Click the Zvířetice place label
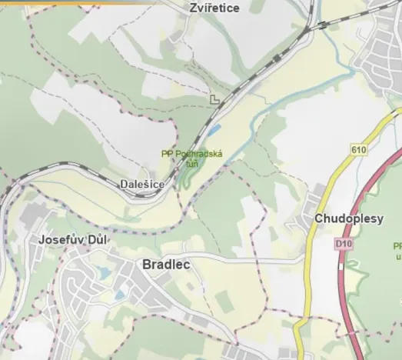(214, 8)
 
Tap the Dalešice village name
(142, 185)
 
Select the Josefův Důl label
(73, 240)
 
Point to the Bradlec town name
(166, 265)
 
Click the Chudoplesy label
(348, 219)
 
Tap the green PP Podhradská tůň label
(192, 158)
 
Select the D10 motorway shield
(342, 244)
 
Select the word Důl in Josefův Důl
(98, 240)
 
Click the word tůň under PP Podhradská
(192, 163)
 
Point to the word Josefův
(61, 240)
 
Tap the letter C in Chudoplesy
(319, 219)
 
